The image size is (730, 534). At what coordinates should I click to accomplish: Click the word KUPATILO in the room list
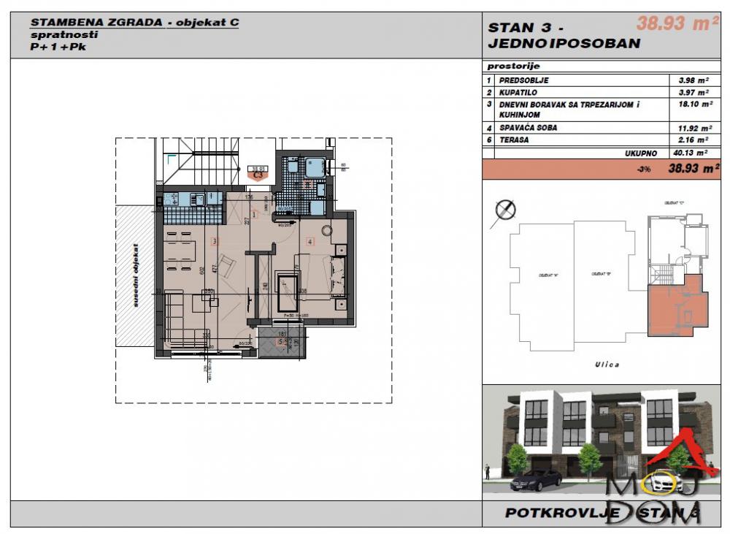[x=517, y=92]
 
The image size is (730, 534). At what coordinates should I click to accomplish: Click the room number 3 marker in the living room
[x=215, y=240]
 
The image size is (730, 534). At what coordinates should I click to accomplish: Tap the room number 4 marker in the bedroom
[x=310, y=240]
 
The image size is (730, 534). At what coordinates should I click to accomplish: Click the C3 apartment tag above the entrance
[x=257, y=175]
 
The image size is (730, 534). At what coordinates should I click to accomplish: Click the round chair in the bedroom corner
[x=326, y=229]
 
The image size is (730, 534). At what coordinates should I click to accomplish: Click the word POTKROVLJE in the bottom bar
[x=562, y=513]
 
